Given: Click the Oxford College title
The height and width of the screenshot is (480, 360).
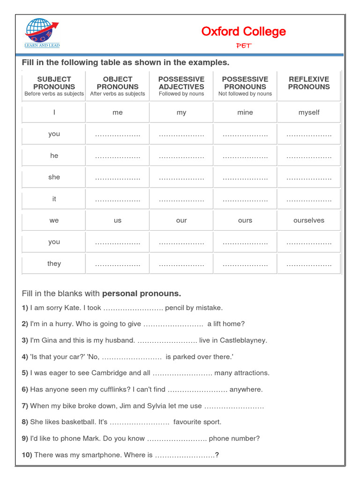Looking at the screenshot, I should click(243, 31).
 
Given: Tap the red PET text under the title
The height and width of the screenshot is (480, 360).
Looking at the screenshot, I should click(243, 45).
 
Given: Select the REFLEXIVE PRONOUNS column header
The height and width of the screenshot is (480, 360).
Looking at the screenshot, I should click(308, 83).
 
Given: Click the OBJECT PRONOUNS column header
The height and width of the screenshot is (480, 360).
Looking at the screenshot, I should click(118, 83).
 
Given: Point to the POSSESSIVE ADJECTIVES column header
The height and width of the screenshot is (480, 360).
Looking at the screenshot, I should click(181, 83).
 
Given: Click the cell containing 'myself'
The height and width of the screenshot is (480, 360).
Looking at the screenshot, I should click(308, 112).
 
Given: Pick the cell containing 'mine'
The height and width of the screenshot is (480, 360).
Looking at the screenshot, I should click(245, 112).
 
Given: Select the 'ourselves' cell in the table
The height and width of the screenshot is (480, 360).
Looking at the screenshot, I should click(308, 220).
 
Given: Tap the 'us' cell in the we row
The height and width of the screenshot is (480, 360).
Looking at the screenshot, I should click(118, 220).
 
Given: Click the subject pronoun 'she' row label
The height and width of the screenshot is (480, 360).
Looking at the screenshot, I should click(54, 177).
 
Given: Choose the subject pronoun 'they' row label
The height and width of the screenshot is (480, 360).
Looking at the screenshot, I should click(54, 263).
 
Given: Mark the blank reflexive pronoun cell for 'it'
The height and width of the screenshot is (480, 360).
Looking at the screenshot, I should click(308, 200).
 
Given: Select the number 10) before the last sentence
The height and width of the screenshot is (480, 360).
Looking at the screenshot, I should click(27, 455).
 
